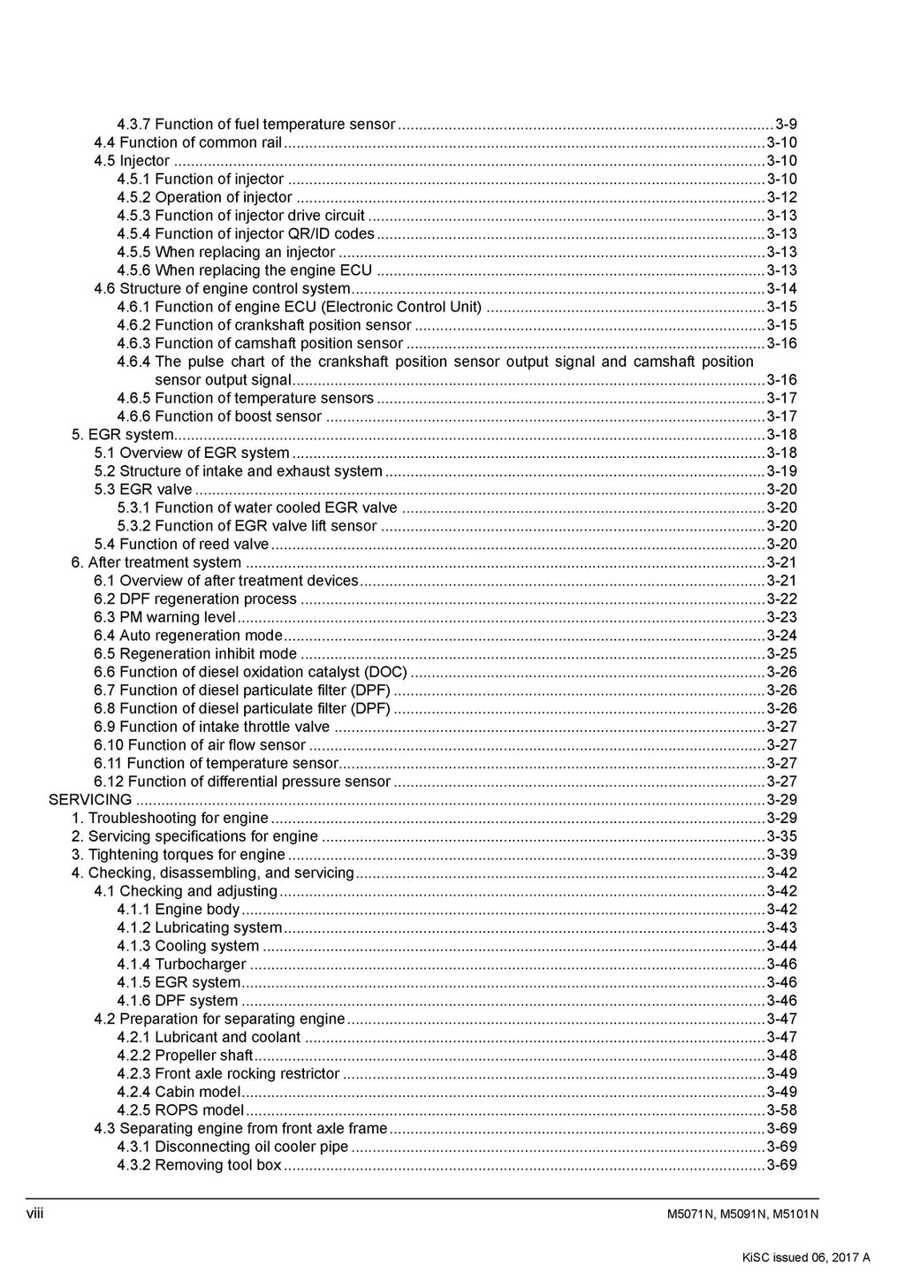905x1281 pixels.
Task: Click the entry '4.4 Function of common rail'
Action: pyautogui.click(x=188, y=142)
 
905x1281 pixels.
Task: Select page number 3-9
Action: pyautogui.click(x=787, y=124)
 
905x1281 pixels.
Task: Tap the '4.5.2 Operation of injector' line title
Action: pyautogui.click(x=204, y=197)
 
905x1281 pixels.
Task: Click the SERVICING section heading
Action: pyautogui.click(x=90, y=800)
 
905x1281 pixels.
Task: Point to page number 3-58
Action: pyautogui.click(x=781, y=1110)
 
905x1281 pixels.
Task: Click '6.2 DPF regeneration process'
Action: pyautogui.click(x=195, y=599)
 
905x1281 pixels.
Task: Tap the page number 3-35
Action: pyautogui.click(x=781, y=836)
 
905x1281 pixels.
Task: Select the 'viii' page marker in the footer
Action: pyautogui.click(x=34, y=1212)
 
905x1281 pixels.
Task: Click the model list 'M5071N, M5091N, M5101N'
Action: pyautogui.click(x=742, y=1214)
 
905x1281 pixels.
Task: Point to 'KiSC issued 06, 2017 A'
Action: pyautogui.click(x=806, y=1258)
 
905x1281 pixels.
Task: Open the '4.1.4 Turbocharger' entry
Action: pyautogui.click(x=181, y=965)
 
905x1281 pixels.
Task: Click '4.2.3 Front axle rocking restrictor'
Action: pyautogui.click(x=228, y=1074)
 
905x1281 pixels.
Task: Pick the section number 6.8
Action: pyautogui.click(x=105, y=709)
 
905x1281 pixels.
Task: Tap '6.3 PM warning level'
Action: pyautogui.click(x=165, y=618)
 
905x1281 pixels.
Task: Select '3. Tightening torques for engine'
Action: pyautogui.click(x=178, y=855)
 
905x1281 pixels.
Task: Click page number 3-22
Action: pyautogui.click(x=781, y=599)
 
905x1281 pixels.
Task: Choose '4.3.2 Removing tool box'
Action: pyautogui.click(x=199, y=1165)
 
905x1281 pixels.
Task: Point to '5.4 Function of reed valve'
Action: pyautogui.click(x=181, y=545)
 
